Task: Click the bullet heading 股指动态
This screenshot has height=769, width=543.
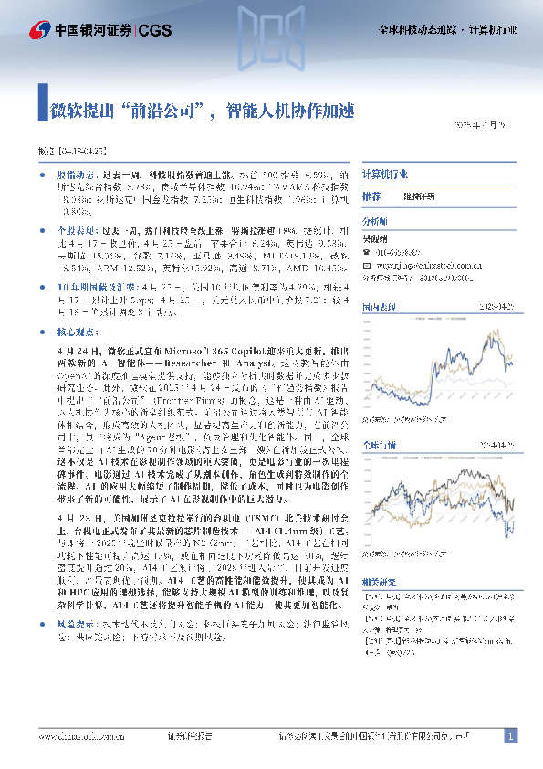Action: (73, 173)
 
